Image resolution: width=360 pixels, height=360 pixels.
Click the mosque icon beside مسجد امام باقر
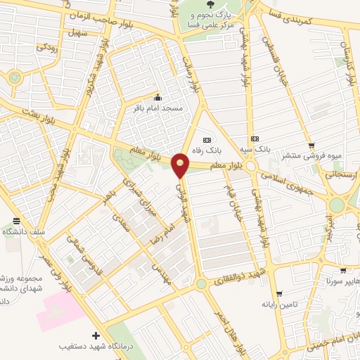coord(157,97)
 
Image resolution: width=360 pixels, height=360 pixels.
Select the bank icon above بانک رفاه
coord(206,139)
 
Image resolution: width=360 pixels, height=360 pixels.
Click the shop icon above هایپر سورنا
coord(342,270)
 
